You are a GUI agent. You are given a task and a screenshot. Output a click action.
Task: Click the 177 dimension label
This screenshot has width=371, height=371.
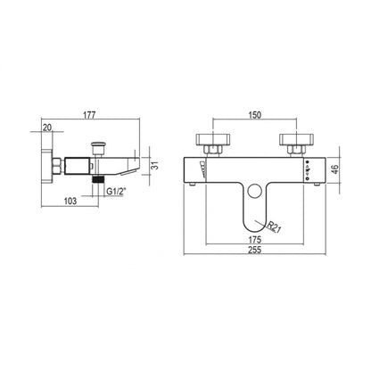click(89, 115)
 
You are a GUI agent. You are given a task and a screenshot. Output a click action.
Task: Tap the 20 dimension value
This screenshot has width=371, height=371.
click(47, 128)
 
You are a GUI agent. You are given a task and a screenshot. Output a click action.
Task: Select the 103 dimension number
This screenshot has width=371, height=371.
click(70, 202)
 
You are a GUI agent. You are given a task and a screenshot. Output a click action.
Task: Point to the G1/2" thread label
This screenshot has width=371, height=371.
click(116, 192)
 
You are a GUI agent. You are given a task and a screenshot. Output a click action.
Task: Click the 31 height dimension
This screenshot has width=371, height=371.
click(155, 166)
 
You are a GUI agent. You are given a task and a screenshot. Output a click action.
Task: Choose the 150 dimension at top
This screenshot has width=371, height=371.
click(255, 115)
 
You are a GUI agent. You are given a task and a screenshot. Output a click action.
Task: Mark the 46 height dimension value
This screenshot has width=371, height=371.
click(335, 169)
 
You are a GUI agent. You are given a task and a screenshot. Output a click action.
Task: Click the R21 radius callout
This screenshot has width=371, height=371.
click(274, 227)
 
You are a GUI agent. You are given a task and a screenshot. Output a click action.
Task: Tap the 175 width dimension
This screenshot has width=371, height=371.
click(255, 239)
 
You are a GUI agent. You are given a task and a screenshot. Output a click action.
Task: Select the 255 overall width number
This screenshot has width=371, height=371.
click(255, 250)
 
